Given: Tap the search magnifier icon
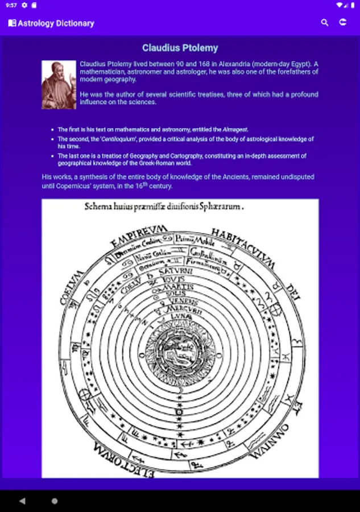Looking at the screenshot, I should point(325,23).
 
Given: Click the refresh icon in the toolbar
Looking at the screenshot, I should point(343,23).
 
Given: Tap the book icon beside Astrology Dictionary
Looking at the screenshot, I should point(12,23).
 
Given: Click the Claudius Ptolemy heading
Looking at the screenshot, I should point(180,48).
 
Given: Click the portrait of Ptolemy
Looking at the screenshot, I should point(59,85).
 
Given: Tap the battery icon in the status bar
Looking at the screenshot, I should point(352,5).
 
